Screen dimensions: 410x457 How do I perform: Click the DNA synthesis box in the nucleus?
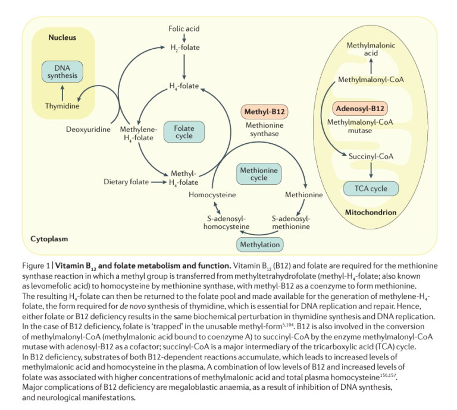[x=62, y=72]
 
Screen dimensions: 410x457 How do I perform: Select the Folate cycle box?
[x=184, y=132]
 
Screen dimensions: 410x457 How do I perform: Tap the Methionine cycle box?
[x=259, y=174]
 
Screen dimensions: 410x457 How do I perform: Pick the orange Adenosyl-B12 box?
[x=361, y=109]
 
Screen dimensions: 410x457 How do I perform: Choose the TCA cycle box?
[x=371, y=189]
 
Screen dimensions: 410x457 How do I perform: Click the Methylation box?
[x=259, y=244]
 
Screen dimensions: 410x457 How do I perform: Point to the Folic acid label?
[x=184, y=29]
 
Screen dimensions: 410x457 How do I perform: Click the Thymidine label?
[x=62, y=106]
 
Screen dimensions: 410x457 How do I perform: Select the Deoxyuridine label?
[x=88, y=130]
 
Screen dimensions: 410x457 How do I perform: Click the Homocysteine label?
[x=212, y=194]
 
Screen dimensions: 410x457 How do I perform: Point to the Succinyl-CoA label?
[x=371, y=156]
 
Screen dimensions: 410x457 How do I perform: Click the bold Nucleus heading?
[x=62, y=37]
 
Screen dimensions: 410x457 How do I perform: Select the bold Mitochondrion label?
[x=371, y=212]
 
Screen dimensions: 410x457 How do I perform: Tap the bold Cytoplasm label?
[x=49, y=239]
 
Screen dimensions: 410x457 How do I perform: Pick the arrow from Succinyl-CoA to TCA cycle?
[x=371, y=171]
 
